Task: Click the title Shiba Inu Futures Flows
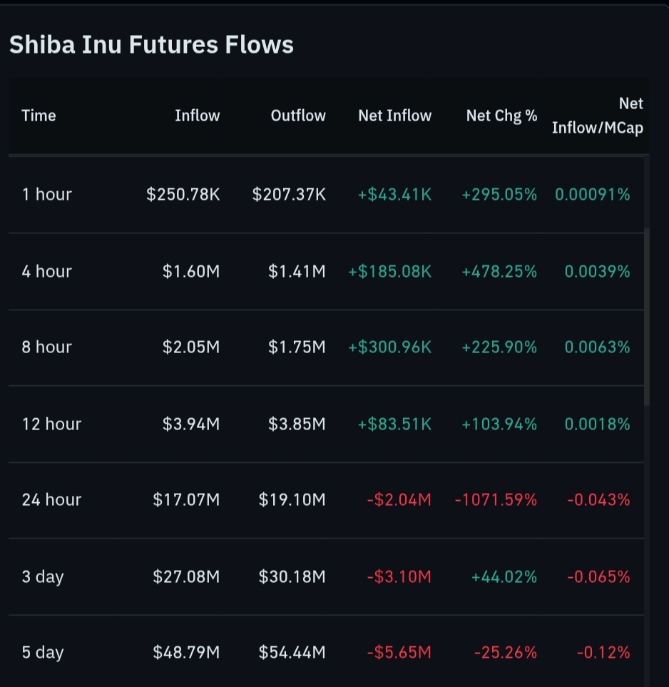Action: tap(151, 45)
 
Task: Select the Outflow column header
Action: tap(298, 116)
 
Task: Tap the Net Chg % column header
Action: tap(501, 116)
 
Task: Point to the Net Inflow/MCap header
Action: tap(598, 116)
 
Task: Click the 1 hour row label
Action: tap(46, 194)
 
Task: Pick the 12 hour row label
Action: tap(51, 424)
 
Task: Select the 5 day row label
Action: tap(43, 652)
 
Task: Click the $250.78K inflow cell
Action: tap(183, 194)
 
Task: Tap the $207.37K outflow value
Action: tap(289, 194)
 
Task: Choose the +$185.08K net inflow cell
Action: tap(389, 271)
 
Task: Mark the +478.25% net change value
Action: tap(499, 271)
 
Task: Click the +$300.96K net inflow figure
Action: tap(389, 347)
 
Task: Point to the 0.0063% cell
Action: tap(597, 347)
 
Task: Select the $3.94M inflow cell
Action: tap(190, 424)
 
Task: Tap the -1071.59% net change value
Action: tap(496, 499)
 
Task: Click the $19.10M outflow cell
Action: tap(292, 499)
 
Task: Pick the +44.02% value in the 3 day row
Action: tap(504, 576)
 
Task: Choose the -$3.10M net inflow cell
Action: tap(399, 576)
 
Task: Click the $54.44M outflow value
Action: tap(292, 652)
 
